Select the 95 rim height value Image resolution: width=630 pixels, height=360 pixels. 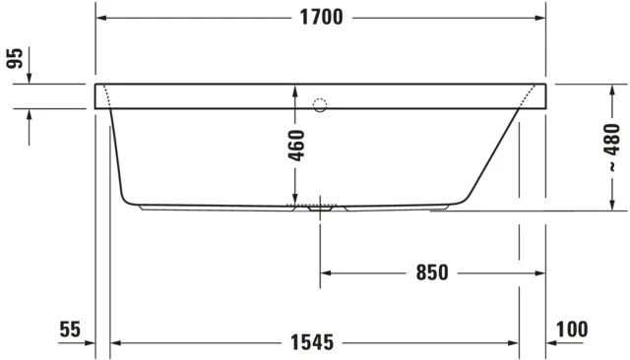(x=15, y=59)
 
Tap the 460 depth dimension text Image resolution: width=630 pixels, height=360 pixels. (x=296, y=145)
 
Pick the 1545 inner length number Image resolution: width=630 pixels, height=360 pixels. (x=314, y=342)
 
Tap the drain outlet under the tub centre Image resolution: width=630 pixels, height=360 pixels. (x=319, y=209)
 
